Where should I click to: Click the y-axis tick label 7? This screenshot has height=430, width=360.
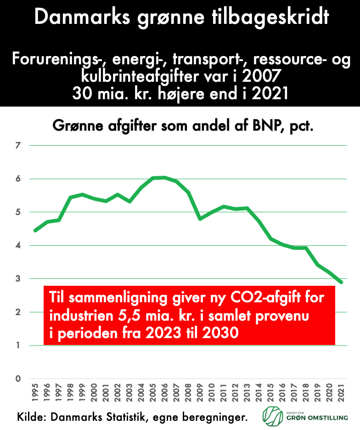[x=18, y=146]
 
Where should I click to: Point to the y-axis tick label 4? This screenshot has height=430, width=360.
[x=18, y=245]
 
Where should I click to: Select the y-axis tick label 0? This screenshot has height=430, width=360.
[x=18, y=379]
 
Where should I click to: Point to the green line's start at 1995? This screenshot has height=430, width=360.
[x=35, y=231]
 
